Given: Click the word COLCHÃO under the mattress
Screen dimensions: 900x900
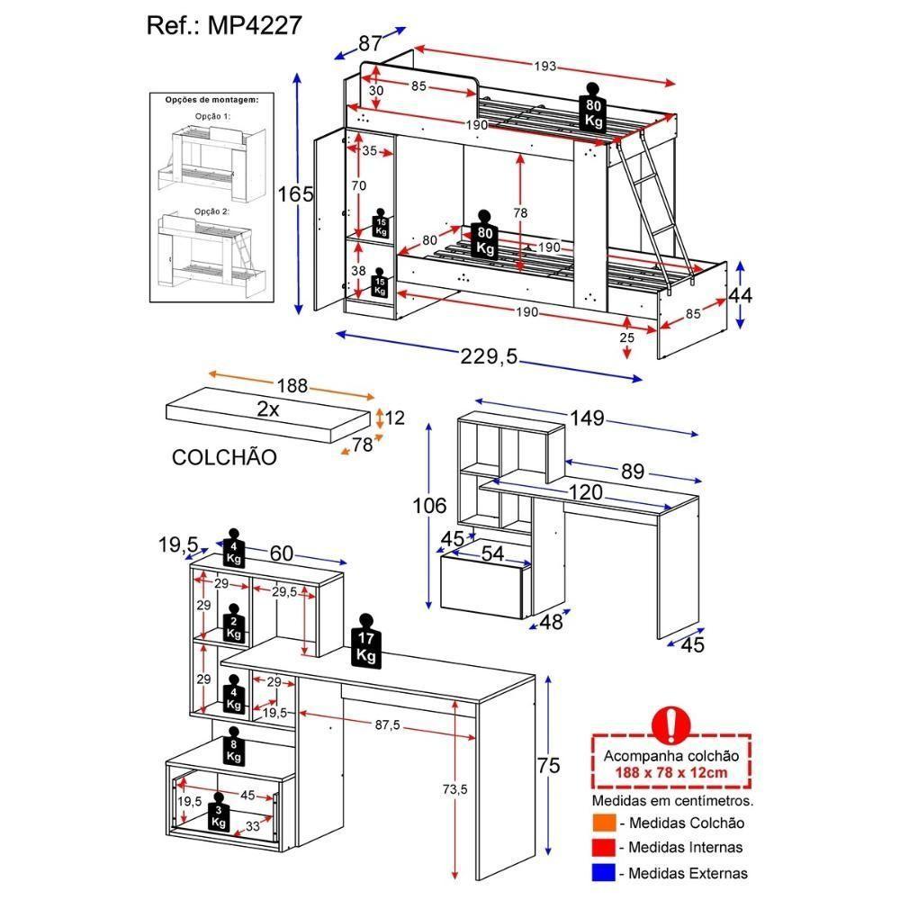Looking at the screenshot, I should pyautogui.click(x=224, y=457).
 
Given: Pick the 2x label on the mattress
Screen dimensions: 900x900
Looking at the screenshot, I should pyautogui.click(x=267, y=409).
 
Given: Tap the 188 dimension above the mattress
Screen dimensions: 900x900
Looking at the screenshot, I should pyautogui.click(x=292, y=385).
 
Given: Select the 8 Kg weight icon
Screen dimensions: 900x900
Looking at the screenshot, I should pyautogui.click(x=234, y=746).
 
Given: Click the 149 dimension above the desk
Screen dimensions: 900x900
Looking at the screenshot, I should pyautogui.click(x=584, y=418).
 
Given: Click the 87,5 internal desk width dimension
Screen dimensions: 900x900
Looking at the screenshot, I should pyautogui.click(x=389, y=724).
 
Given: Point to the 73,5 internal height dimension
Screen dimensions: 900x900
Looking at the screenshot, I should pyautogui.click(x=454, y=789).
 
